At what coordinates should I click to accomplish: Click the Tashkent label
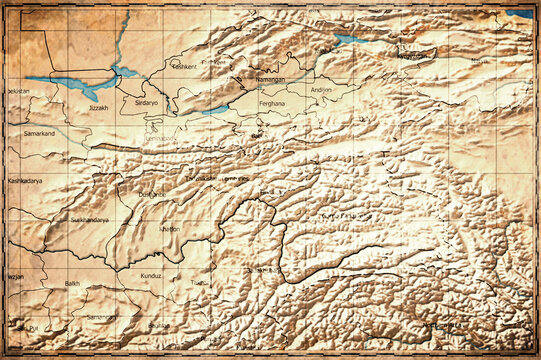point(184,66)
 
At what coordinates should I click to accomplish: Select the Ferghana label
point(272,103)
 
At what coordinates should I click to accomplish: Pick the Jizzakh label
point(98,107)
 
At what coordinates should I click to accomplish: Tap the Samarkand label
point(39,132)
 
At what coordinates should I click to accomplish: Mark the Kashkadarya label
point(27,181)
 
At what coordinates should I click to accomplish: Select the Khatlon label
point(171,229)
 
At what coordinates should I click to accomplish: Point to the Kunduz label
point(151,274)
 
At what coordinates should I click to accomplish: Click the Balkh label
point(72,283)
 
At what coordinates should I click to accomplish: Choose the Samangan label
point(101,317)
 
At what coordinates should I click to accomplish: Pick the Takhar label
point(201,282)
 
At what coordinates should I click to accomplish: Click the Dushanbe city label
point(152,193)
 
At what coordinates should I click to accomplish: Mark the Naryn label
point(480,61)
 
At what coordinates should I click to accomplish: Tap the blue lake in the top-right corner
point(519,13)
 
